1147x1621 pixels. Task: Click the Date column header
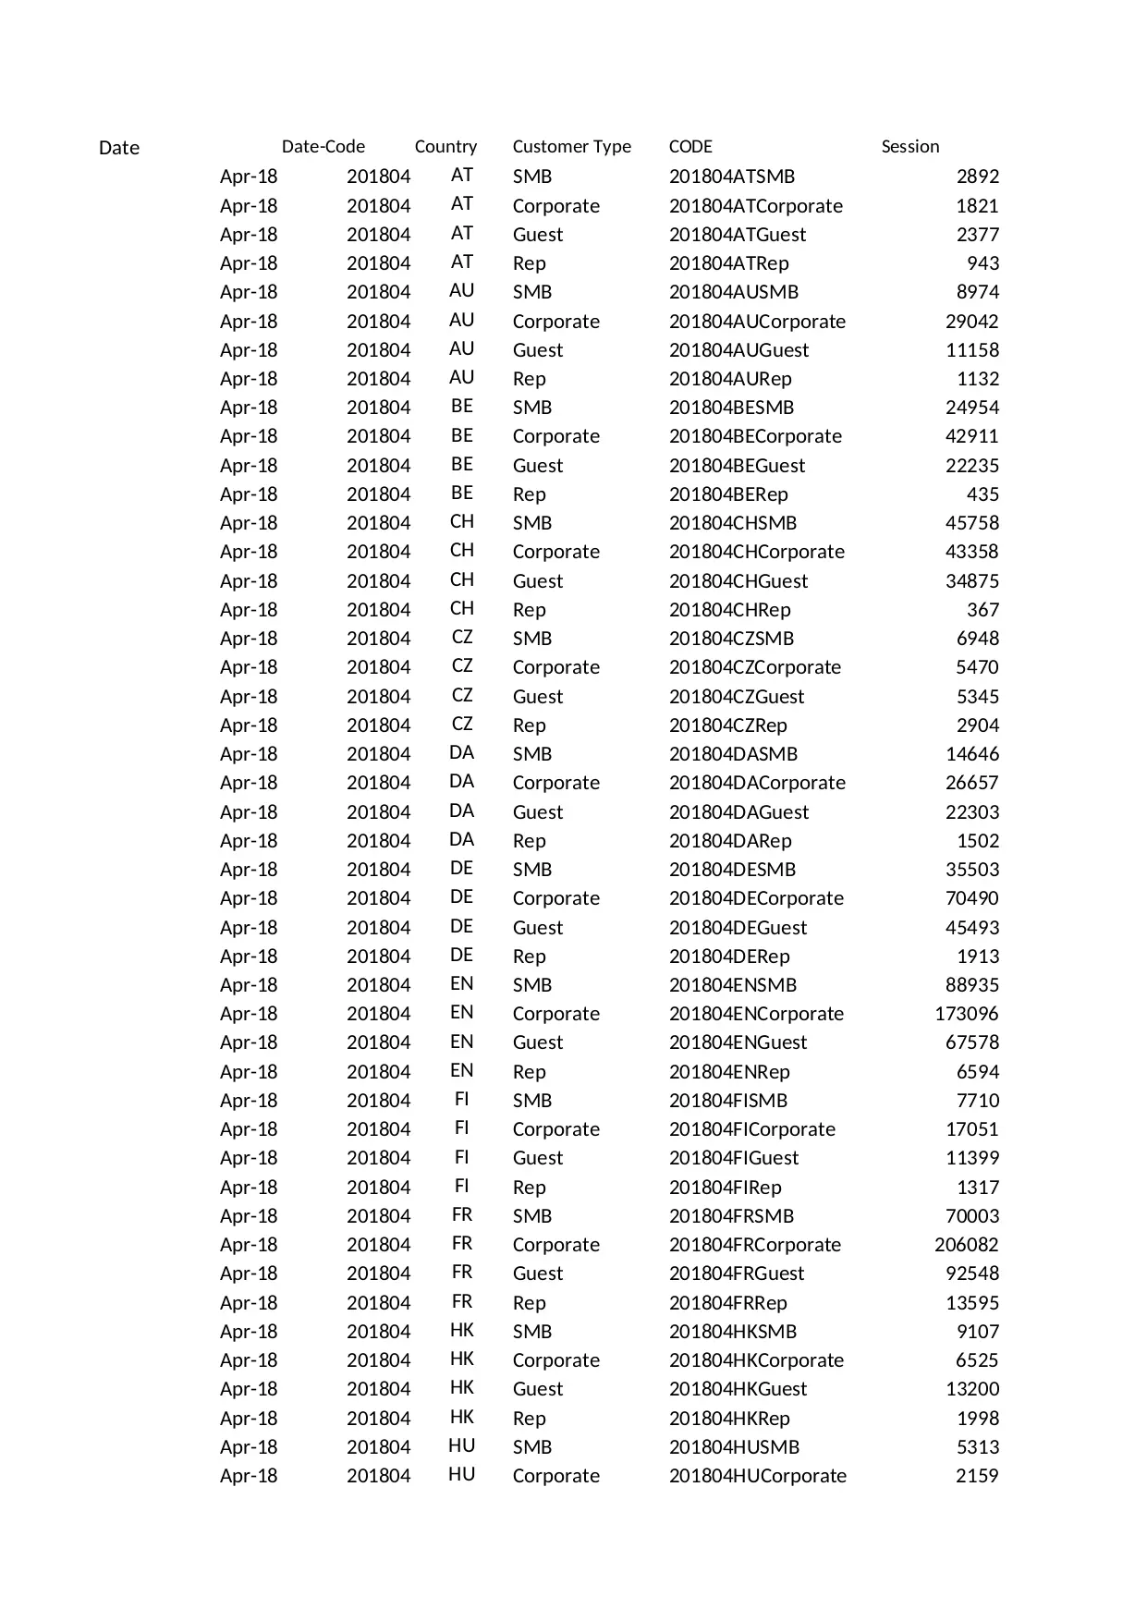tap(118, 148)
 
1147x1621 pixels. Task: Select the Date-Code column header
tap(323, 146)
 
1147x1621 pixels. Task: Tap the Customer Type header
tap(571, 146)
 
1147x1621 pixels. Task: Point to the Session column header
tap(909, 146)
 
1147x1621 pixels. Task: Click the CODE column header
tap(690, 146)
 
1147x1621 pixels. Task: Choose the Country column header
tap(445, 146)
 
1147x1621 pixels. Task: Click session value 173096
tap(966, 1014)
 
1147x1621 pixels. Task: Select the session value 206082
tap(966, 1245)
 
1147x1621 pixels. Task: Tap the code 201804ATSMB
tap(731, 177)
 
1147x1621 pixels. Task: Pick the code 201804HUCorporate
tap(757, 1476)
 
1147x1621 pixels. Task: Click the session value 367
tap(982, 610)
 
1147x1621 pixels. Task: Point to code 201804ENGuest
tap(738, 1042)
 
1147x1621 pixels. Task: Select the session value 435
tap(982, 494)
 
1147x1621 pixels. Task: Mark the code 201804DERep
tap(729, 957)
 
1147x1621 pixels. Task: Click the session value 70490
tap(971, 898)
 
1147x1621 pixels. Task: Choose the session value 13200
tap(971, 1389)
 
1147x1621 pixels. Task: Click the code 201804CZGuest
tap(737, 697)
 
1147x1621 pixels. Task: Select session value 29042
tap(971, 322)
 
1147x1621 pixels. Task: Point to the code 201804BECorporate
tap(755, 436)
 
